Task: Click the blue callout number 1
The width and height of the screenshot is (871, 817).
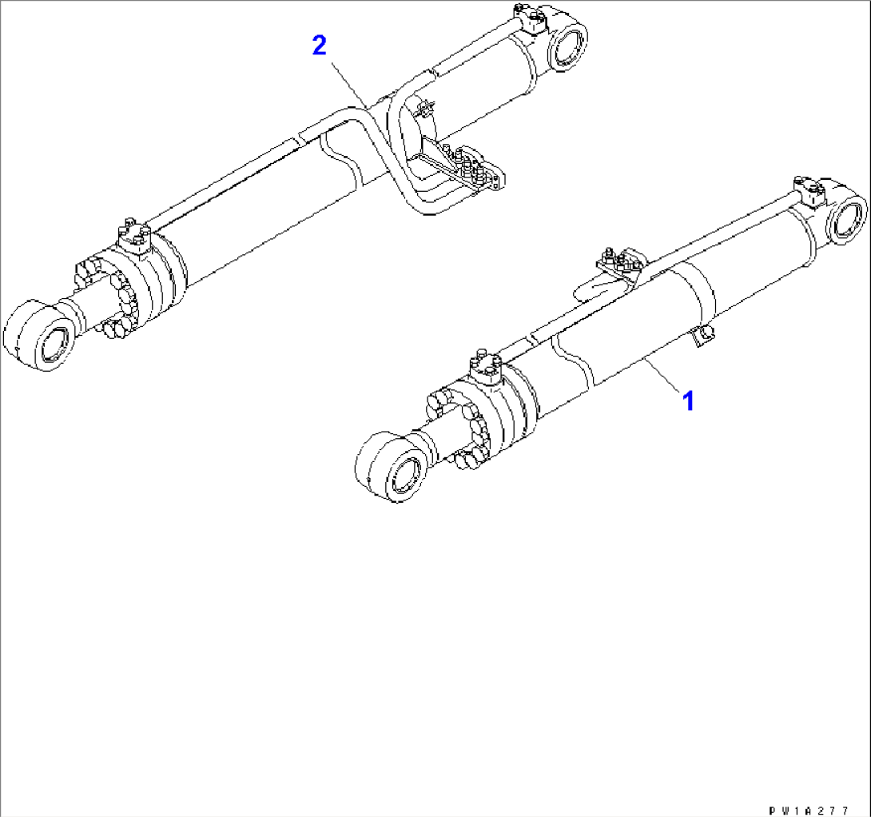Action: [x=689, y=401]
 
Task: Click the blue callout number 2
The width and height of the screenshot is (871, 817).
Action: [x=320, y=45]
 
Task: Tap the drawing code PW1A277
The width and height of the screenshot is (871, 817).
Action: [x=809, y=811]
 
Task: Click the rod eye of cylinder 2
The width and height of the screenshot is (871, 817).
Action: [x=40, y=335]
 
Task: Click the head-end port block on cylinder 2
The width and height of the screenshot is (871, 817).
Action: [x=134, y=236]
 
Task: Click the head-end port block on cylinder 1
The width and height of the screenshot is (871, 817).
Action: [x=486, y=366]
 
